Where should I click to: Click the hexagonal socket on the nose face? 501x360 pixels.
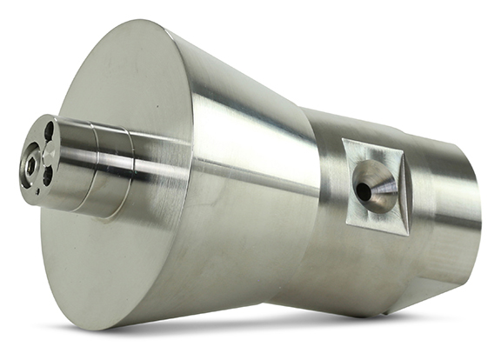pos(30,163)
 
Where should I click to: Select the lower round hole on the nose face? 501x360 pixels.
pos(47,175)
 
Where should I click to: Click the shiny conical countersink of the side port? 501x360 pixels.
pos(376,185)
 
